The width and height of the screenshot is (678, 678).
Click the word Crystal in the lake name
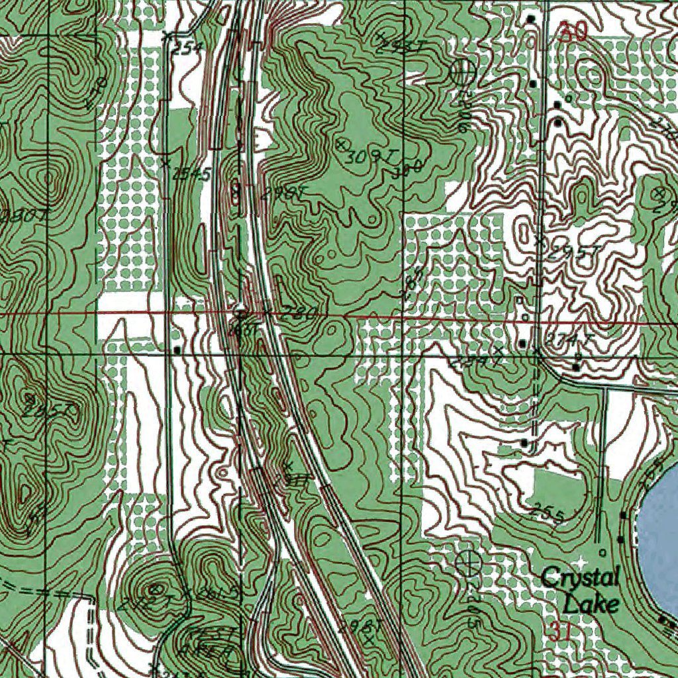(580, 578)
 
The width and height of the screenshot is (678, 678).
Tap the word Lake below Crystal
(591, 603)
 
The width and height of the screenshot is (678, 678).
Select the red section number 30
(572, 32)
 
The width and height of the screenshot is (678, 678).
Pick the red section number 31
(559, 631)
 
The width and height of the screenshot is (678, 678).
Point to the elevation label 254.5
(191, 174)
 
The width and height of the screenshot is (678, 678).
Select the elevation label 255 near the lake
(548, 513)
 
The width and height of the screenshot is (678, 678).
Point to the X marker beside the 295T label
(540, 241)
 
